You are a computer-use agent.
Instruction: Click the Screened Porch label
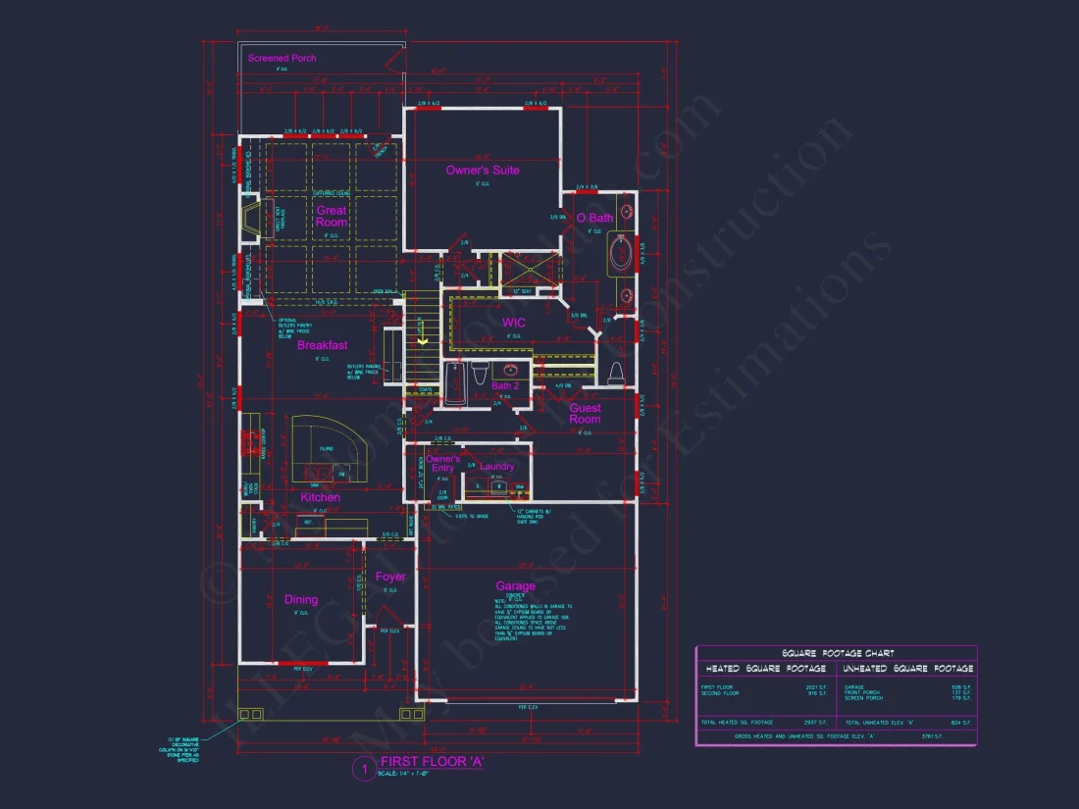click(282, 59)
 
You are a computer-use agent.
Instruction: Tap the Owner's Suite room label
click(483, 171)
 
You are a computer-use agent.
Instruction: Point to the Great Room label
click(332, 216)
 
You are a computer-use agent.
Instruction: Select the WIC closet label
click(515, 323)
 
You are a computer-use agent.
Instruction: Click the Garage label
click(515, 586)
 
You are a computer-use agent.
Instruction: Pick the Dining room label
click(301, 600)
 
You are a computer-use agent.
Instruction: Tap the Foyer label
click(390, 577)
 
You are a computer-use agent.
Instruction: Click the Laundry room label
click(497, 467)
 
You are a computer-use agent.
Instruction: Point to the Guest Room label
click(586, 414)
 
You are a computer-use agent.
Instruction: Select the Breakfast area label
click(323, 345)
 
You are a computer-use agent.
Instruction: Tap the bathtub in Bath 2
click(455, 383)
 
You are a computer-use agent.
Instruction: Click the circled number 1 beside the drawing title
click(362, 768)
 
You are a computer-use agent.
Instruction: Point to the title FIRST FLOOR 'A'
click(433, 762)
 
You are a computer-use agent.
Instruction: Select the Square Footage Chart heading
click(837, 653)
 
